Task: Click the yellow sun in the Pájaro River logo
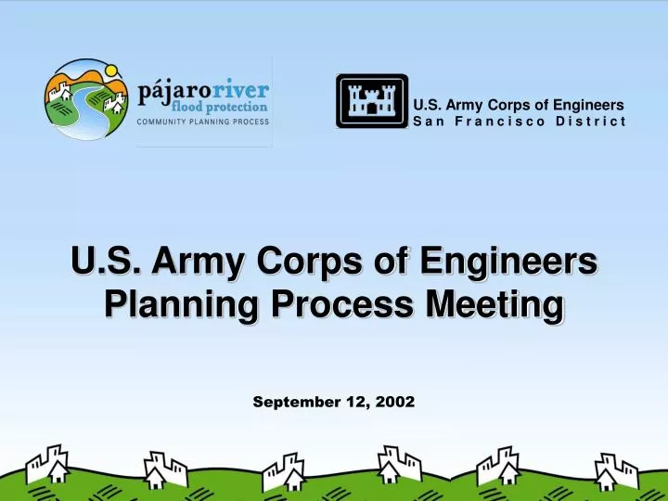(x=110, y=71)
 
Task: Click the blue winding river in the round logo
(x=79, y=109)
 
